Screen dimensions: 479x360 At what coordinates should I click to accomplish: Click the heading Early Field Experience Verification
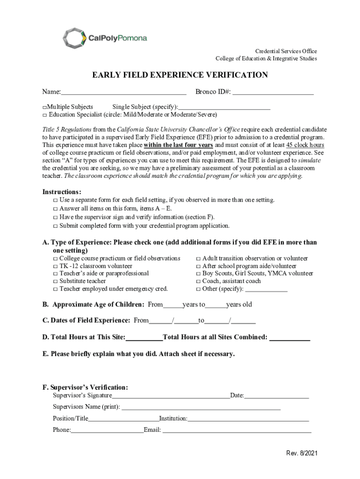pos(180,75)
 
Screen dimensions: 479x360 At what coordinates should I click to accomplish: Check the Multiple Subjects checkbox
pos(44,107)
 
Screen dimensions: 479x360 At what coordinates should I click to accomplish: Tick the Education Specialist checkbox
pos(44,115)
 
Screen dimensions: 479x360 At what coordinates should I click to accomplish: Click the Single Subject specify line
pos(224,107)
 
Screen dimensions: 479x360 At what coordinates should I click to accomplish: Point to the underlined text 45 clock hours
pos(305,145)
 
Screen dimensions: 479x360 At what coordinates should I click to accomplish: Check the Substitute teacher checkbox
pos(56,282)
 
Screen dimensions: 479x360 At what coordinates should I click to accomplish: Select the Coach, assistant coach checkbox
pos(199,282)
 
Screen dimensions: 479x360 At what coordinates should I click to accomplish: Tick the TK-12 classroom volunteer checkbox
pos(56,266)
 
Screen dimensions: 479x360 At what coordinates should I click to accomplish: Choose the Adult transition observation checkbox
pos(199,259)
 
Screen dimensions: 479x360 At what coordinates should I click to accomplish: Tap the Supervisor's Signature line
pos(171,396)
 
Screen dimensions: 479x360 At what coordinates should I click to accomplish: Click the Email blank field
pos(236,430)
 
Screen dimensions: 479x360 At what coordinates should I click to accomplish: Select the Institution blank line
pos(248,419)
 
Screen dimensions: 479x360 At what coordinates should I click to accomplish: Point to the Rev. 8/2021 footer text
pos(302,454)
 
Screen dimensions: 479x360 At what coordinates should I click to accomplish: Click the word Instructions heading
pos(62,192)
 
